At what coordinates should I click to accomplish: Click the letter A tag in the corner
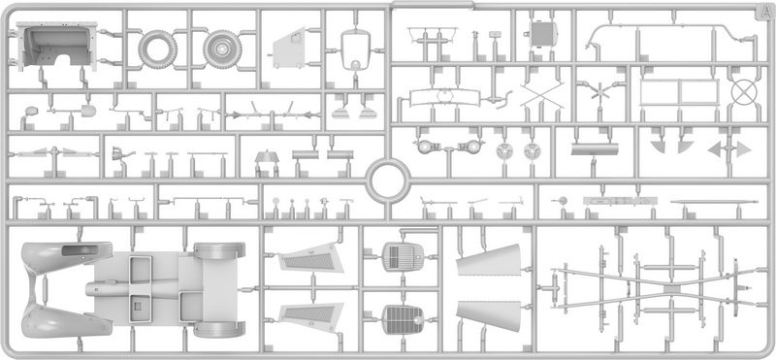(x=762, y=13)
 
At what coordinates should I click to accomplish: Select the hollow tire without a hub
(x=157, y=49)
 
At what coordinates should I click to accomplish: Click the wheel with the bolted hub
(x=222, y=49)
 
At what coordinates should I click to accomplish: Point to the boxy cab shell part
(x=57, y=46)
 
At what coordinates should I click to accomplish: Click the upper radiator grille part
(x=404, y=256)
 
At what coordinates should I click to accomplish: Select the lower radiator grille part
(x=404, y=319)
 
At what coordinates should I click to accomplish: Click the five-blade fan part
(x=599, y=92)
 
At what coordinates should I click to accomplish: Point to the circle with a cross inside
(x=744, y=92)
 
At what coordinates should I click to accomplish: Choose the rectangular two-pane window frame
(x=679, y=92)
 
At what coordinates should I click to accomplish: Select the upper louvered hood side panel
(x=310, y=258)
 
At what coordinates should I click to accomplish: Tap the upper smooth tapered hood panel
(x=489, y=260)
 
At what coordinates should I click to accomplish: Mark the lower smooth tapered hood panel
(x=489, y=315)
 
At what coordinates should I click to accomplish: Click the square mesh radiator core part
(x=542, y=34)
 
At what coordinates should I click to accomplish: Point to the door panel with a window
(x=289, y=49)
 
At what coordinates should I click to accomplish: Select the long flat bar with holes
(x=620, y=201)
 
